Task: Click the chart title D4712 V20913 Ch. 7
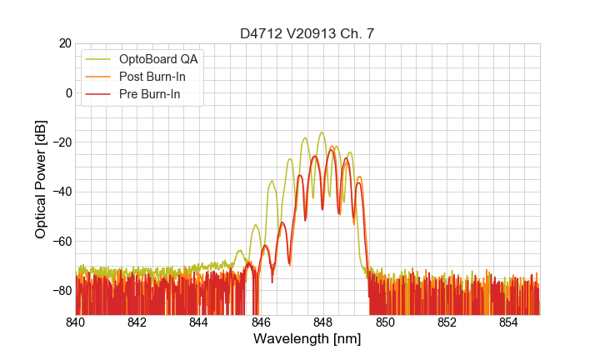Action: pyautogui.click(x=307, y=33)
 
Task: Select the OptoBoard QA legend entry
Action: pyautogui.click(x=157, y=58)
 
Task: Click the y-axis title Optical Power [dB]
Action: pyautogui.click(x=41, y=179)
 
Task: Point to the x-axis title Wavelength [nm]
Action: pyautogui.click(x=307, y=339)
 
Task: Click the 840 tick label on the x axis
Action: pyautogui.click(x=75, y=322)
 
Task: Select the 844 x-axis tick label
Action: pyautogui.click(x=198, y=322)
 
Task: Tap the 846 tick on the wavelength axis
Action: pyautogui.click(x=261, y=322)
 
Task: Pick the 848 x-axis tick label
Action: pyautogui.click(x=322, y=322)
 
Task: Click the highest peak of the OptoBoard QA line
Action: pyautogui.click(x=321, y=132)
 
